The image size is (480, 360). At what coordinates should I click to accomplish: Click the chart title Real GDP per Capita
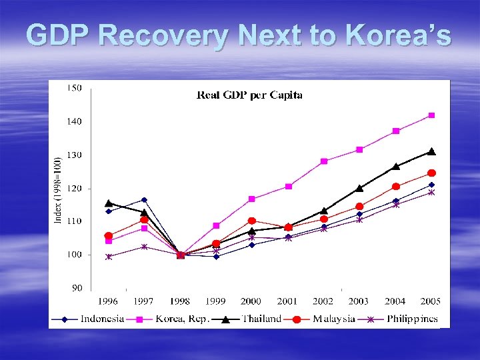point(249,95)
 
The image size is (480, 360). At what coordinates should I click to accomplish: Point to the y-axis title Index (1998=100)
point(58,188)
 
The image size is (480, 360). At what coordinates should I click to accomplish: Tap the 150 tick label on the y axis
point(75,88)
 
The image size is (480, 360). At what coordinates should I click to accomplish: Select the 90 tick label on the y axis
point(77,288)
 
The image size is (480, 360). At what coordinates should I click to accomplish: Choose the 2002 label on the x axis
point(323,302)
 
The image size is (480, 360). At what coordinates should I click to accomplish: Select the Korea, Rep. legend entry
point(181,319)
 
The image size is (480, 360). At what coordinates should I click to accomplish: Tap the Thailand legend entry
point(261,319)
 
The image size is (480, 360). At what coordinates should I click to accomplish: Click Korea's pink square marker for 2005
point(431,115)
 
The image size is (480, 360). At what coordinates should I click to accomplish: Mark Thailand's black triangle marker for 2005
point(431,151)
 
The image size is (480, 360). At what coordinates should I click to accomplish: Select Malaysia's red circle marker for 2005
point(431,173)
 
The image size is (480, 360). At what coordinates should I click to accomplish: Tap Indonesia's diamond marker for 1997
point(144,200)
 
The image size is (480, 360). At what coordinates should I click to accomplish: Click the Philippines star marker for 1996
point(109,256)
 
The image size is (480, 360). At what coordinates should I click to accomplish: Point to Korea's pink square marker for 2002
point(324,161)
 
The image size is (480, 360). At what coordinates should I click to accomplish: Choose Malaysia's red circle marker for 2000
point(252,221)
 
